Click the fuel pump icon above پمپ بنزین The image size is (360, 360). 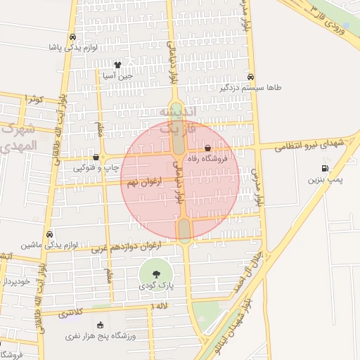[324, 168]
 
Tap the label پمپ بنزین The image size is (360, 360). [324, 180]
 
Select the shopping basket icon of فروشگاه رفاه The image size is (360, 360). [207, 148]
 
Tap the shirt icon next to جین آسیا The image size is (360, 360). [127, 63]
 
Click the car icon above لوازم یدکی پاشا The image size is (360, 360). [73, 37]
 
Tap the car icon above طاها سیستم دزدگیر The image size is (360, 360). [251, 77]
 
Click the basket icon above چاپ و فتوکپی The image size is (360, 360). [96, 157]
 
